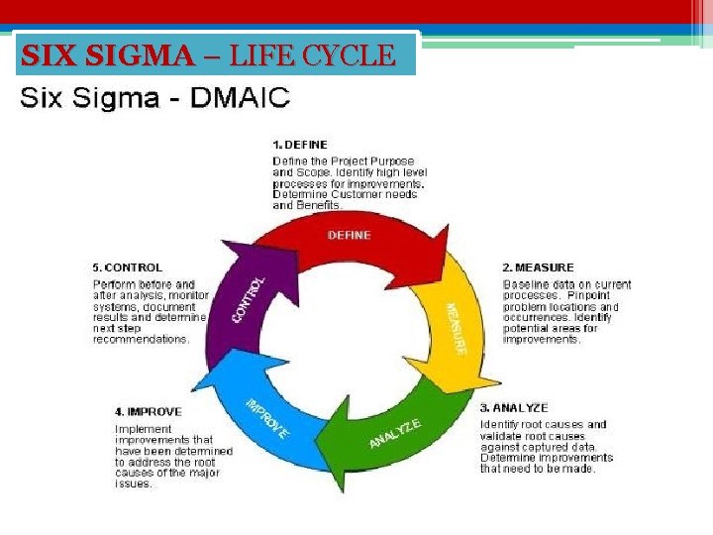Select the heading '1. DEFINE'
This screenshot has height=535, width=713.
tap(300, 145)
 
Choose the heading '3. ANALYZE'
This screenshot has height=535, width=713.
tap(514, 407)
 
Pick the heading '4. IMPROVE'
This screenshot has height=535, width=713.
tap(147, 411)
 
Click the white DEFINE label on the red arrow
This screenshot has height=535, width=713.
tap(349, 235)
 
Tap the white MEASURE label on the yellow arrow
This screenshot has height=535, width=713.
tap(456, 328)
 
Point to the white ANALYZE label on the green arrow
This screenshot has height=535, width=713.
tap(395, 434)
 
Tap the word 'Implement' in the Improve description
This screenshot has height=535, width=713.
tap(139, 428)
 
